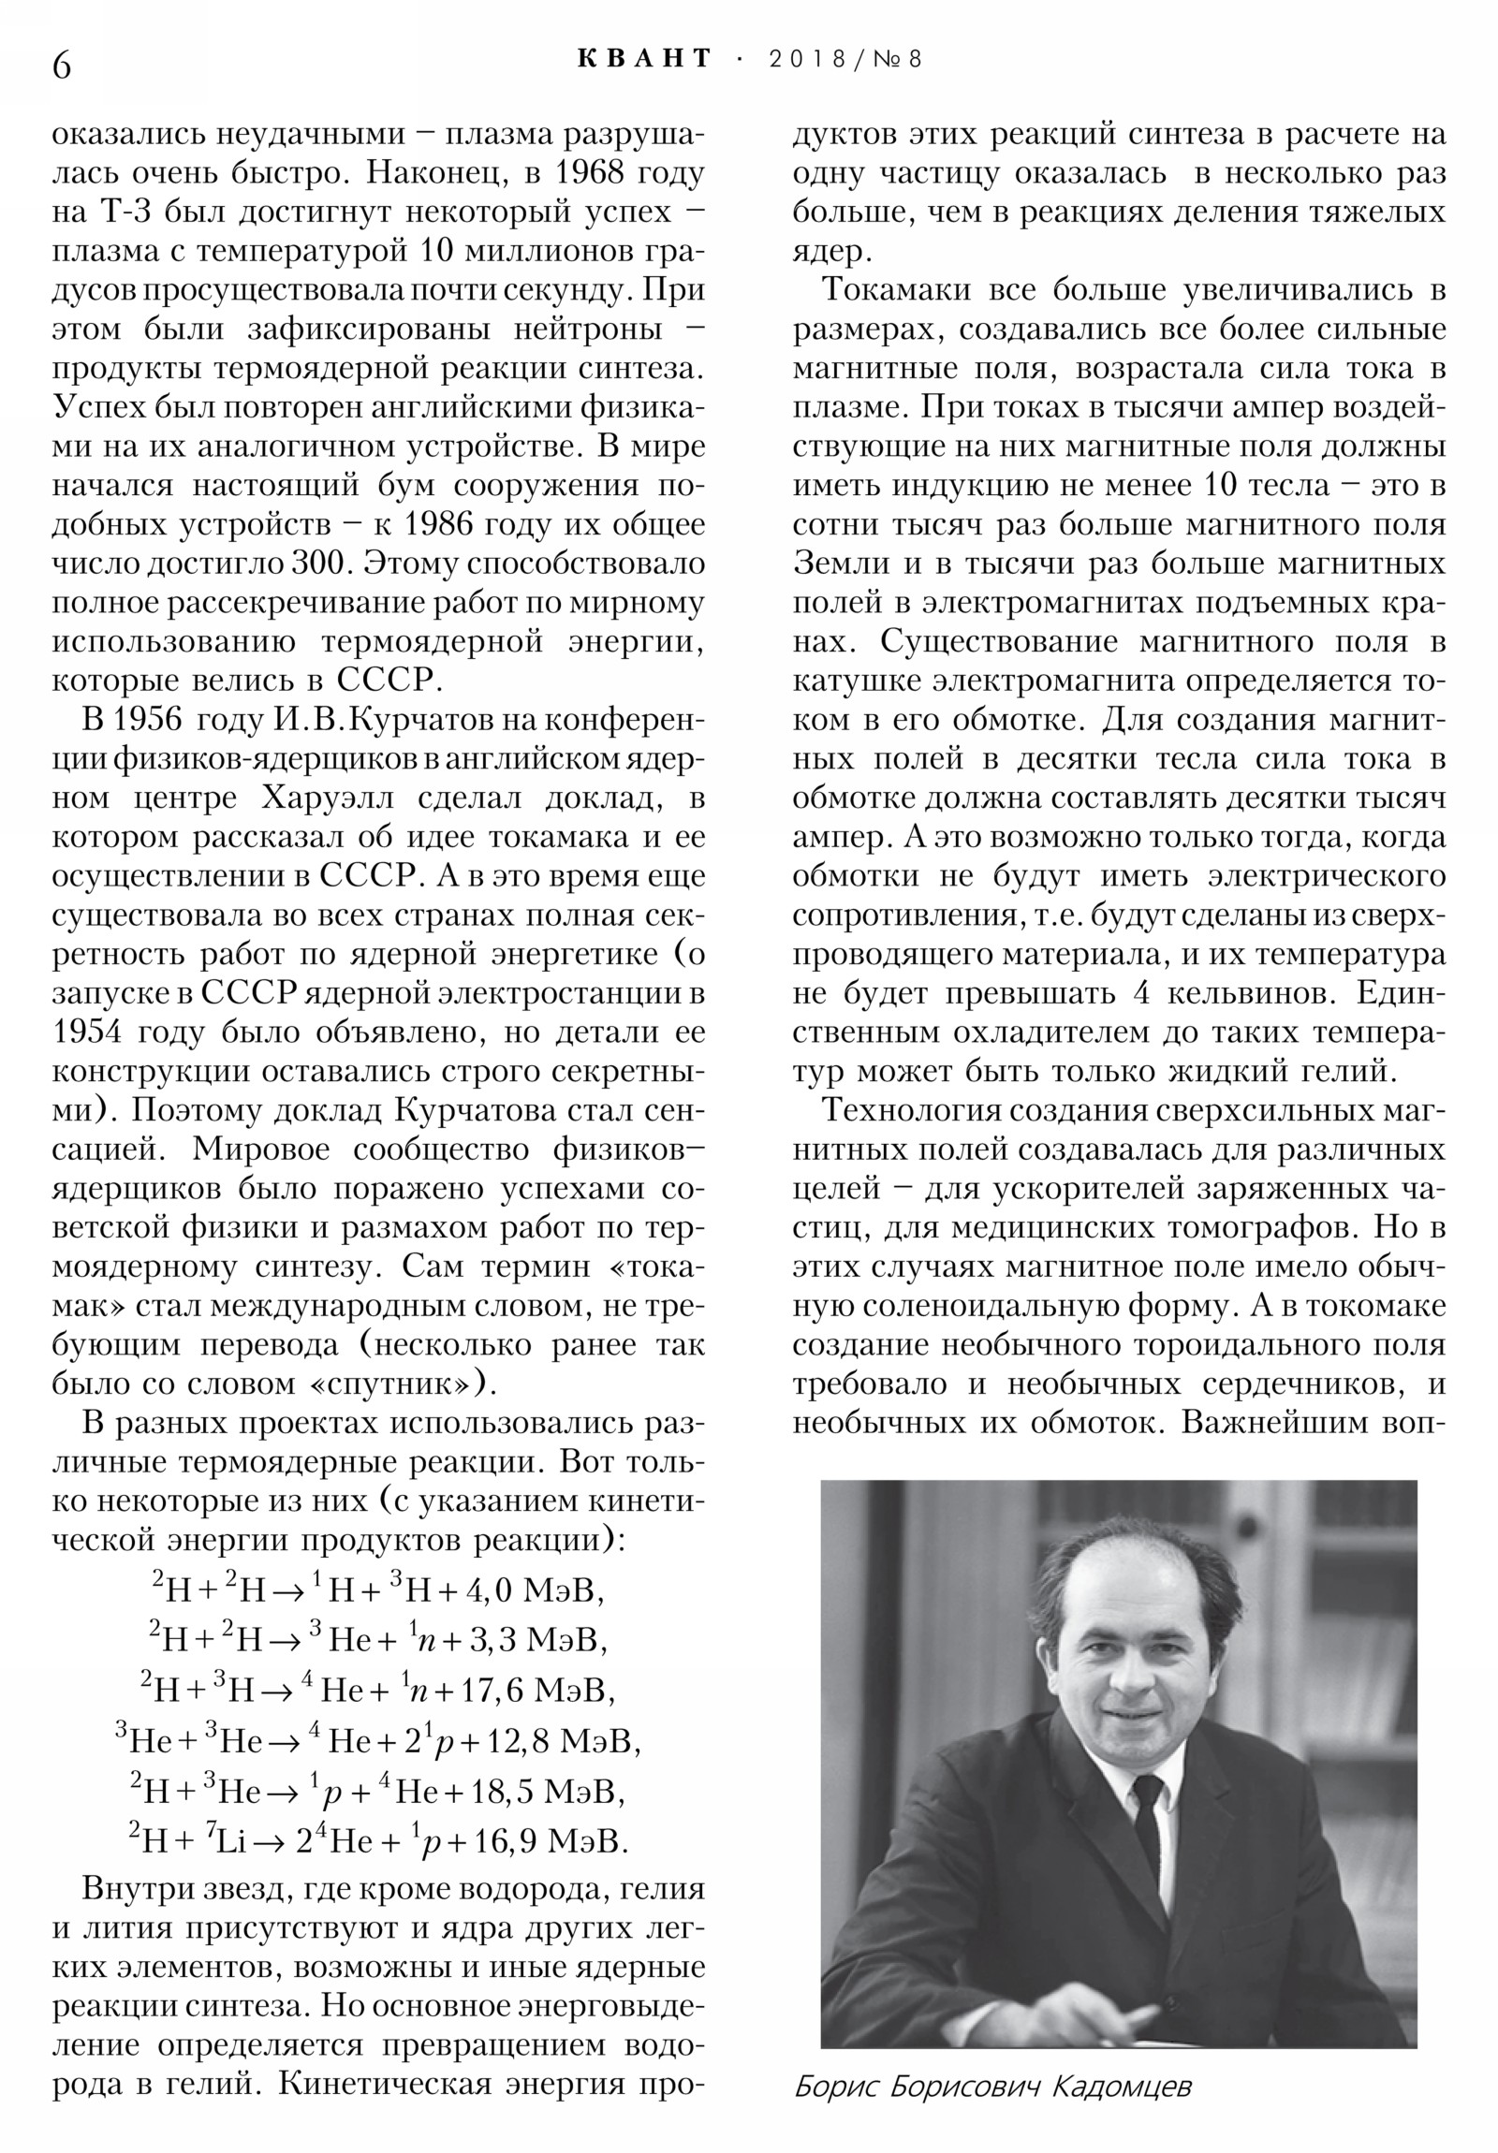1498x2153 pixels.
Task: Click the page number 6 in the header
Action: point(62,66)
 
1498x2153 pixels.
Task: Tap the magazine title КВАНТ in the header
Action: point(644,58)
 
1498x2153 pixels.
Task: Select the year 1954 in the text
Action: point(88,1032)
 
